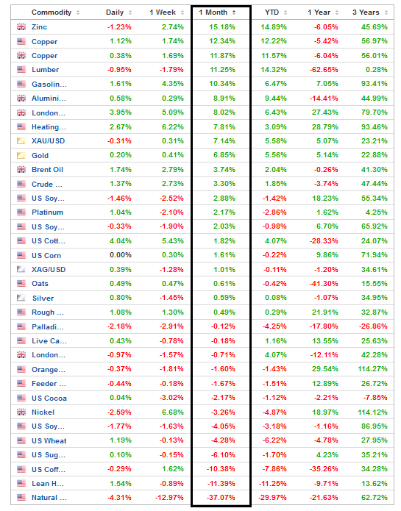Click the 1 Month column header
pyautogui.click(x=213, y=12)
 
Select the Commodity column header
pyautogui.click(x=52, y=12)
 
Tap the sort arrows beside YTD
pyautogui.click(x=285, y=12)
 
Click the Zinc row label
pyautogui.click(x=39, y=27)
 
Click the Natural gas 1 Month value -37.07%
pyautogui.click(x=221, y=498)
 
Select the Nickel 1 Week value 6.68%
pyautogui.click(x=173, y=412)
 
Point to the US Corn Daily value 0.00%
pyautogui.click(x=121, y=255)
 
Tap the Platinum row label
pyautogui.click(x=47, y=212)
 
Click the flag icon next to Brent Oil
pyautogui.click(x=21, y=169)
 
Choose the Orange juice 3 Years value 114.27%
pyautogui.click(x=372, y=369)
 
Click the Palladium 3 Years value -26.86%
pyautogui.click(x=373, y=326)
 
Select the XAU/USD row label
pyautogui.click(x=49, y=141)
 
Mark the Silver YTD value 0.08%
pyautogui.click(x=276, y=298)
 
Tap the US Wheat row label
pyautogui.click(x=49, y=441)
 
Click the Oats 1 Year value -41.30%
pyautogui.click(x=324, y=284)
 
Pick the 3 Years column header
pyautogui.click(x=366, y=12)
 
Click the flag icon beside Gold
pyautogui.click(x=21, y=155)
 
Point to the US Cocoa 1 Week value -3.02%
pyautogui.click(x=171, y=398)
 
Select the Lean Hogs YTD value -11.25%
pyautogui.click(x=272, y=484)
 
